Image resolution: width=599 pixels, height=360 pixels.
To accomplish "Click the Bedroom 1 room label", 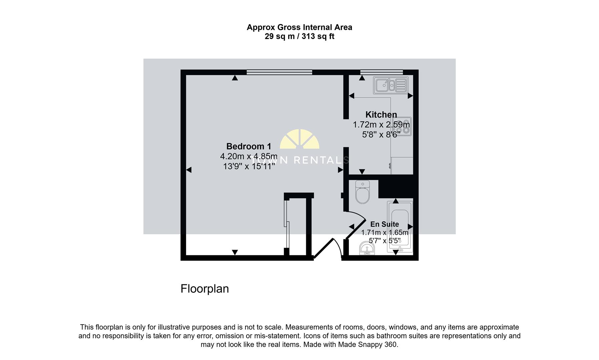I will (248, 146).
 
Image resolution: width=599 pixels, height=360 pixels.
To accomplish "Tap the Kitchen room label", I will (381, 115).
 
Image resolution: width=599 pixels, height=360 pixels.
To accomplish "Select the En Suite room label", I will (384, 224).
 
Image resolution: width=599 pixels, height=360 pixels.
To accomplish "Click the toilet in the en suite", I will (363, 192).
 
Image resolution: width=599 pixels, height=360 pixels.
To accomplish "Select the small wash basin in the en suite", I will (367, 249).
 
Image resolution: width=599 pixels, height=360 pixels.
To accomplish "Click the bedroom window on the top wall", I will (279, 72).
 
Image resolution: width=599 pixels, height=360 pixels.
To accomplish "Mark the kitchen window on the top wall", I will (381, 72).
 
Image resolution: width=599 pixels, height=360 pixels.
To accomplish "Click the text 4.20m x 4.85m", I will (248, 156).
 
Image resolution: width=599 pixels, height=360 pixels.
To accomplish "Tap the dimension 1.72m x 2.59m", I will (381, 125).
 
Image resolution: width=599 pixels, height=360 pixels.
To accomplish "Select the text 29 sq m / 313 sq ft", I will (299, 37).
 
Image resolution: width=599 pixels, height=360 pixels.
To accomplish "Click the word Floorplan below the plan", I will (204, 289).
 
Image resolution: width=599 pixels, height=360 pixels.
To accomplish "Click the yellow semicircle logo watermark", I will (299, 139).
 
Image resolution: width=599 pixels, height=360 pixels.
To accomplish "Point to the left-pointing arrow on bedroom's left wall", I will (188, 170).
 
